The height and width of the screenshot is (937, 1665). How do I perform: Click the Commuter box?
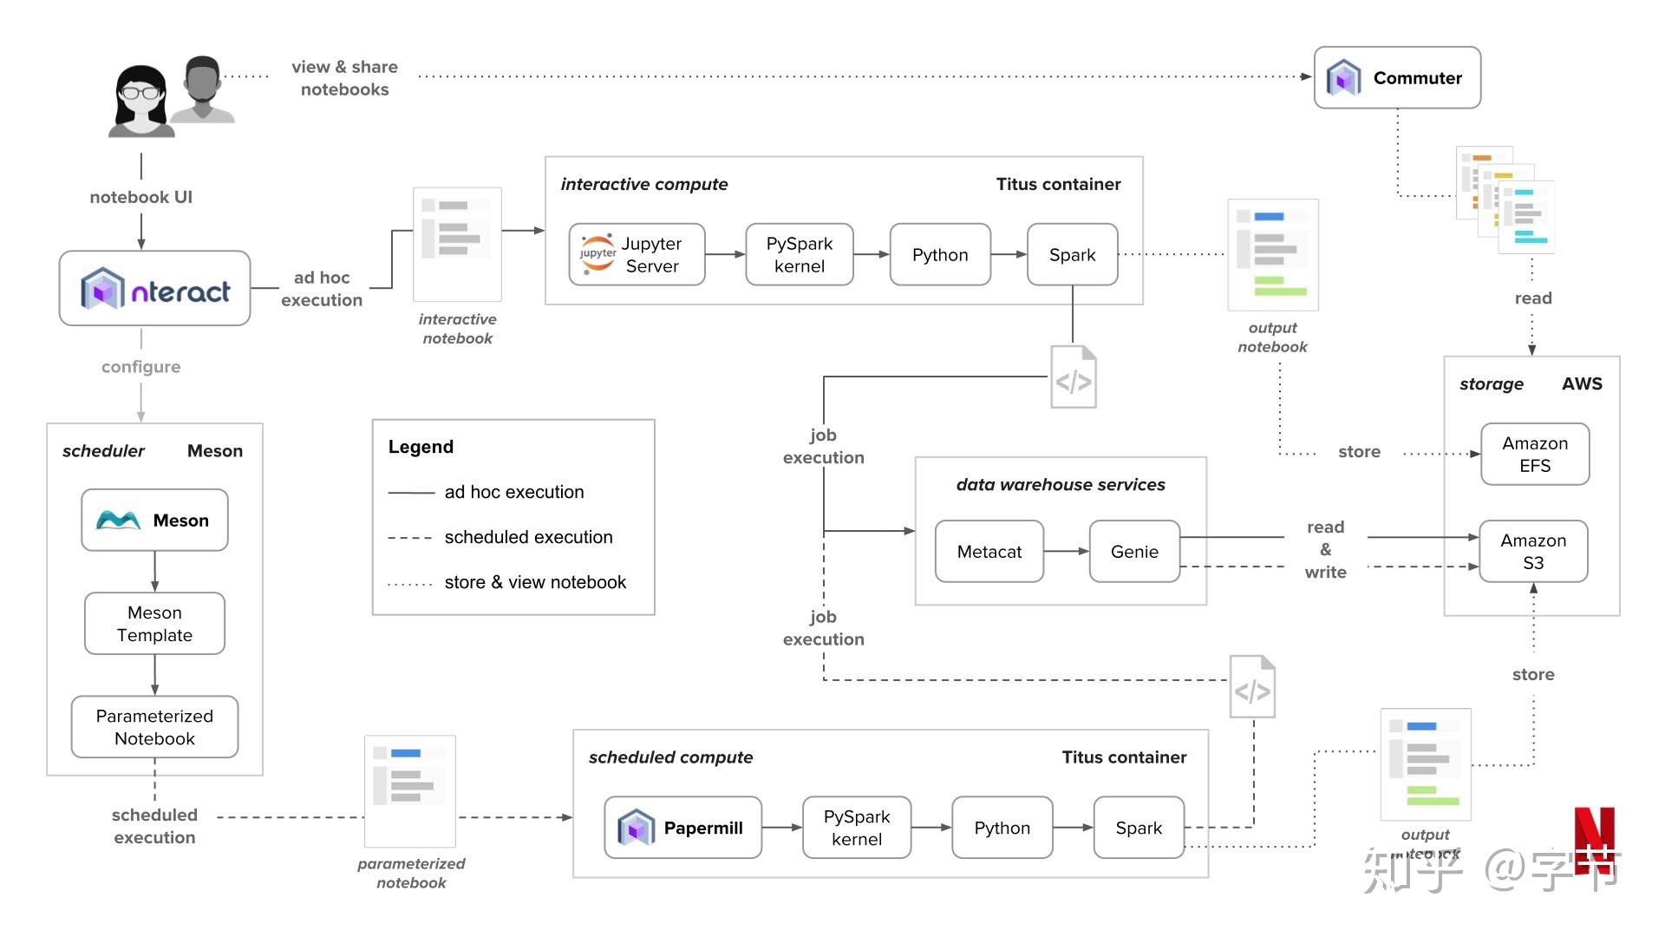(x=1396, y=78)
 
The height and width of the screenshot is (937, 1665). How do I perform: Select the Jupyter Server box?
(x=637, y=254)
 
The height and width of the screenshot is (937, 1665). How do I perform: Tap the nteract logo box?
(x=154, y=289)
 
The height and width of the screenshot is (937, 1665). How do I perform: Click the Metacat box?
(x=989, y=552)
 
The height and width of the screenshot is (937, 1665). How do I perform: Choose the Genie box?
(x=1133, y=552)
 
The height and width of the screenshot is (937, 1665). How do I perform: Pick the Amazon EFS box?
(x=1534, y=454)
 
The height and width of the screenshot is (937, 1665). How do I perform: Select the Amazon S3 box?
(x=1532, y=551)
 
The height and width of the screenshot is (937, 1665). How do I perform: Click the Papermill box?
(x=682, y=828)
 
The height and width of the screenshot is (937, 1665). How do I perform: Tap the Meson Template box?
(x=154, y=623)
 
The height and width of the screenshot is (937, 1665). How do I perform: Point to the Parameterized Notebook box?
(x=154, y=727)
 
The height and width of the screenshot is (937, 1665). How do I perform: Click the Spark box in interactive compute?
(x=1072, y=254)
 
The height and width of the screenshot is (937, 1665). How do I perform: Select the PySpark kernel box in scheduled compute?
(x=856, y=828)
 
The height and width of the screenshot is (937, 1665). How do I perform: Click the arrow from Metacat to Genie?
(x=1066, y=552)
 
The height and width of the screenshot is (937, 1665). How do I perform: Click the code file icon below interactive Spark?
(x=1074, y=377)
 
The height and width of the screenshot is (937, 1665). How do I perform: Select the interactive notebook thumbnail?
(x=457, y=244)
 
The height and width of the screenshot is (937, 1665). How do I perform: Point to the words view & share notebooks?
(x=344, y=78)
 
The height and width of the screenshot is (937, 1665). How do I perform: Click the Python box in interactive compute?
(x=939, y=254)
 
